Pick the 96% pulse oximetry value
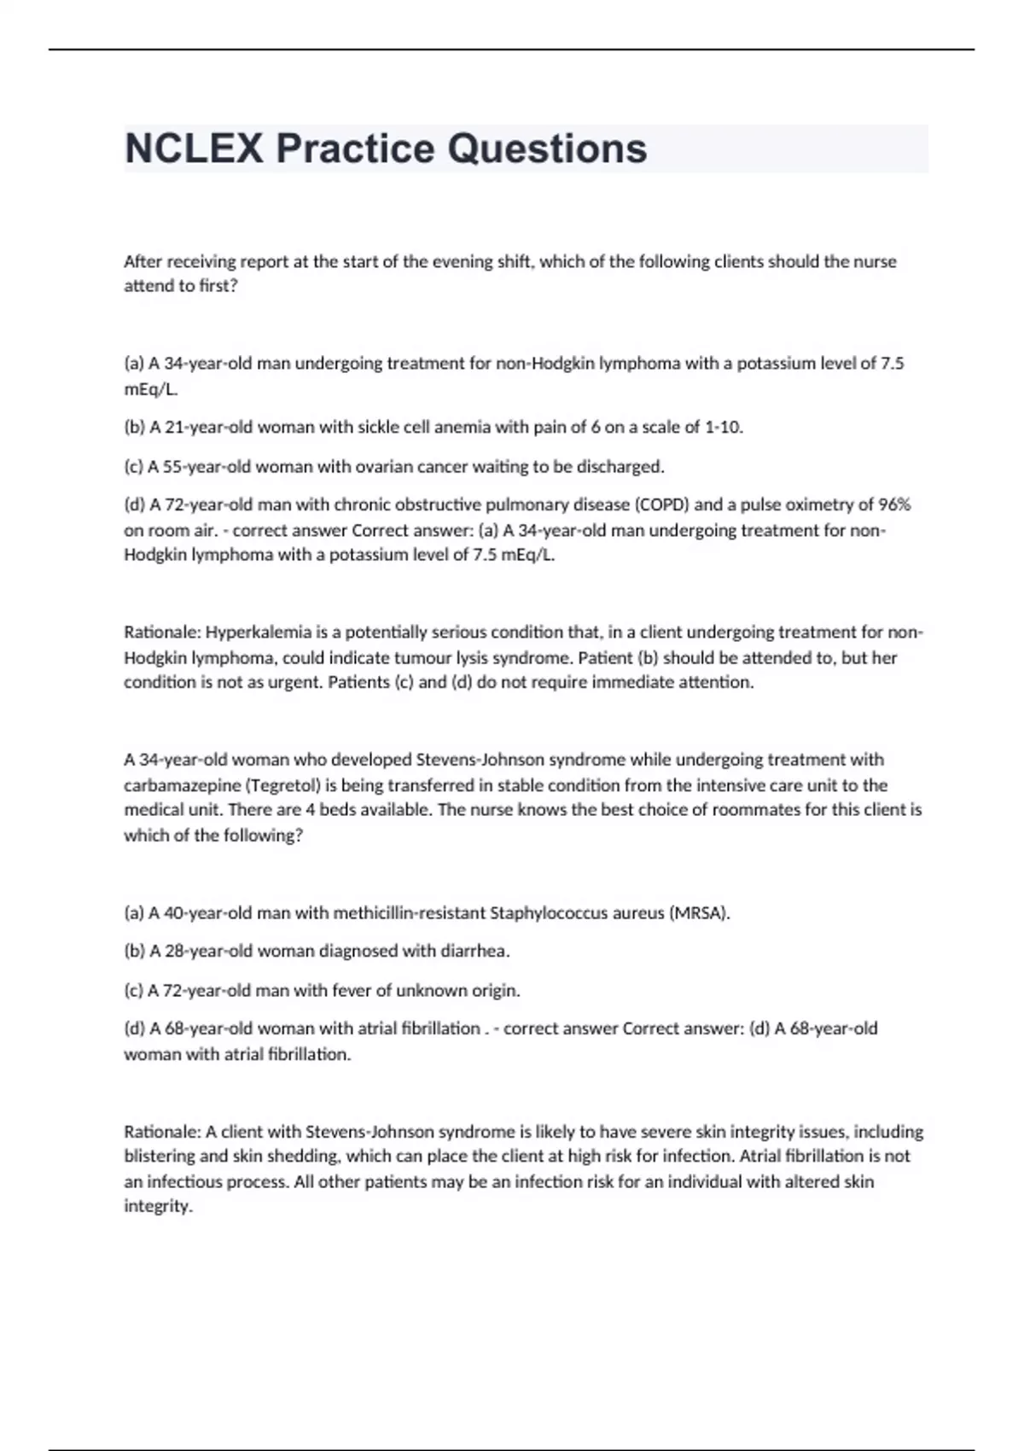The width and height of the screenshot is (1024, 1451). click(894, 504)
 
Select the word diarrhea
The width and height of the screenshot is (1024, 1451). click(474, 951)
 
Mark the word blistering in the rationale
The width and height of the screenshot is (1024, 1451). click(161, 1157)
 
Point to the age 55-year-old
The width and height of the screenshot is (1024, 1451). click(201, 467)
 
